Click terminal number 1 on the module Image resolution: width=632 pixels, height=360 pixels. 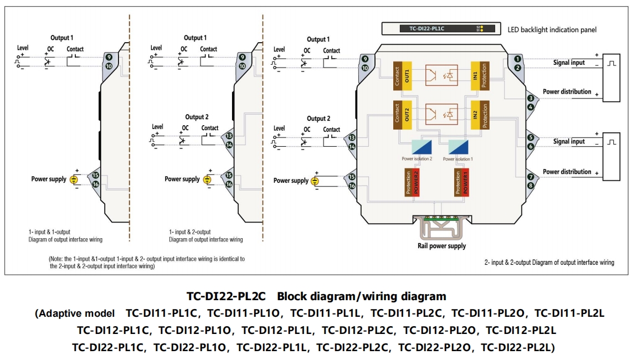[517, 59]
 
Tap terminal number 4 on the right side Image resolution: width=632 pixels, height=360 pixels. [531, 106]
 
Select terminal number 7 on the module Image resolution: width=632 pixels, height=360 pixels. [531, 177]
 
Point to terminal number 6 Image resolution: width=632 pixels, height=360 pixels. [531, 146]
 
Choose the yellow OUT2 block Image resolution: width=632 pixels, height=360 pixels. [407, 115]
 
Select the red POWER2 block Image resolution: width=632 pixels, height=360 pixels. [417, 182]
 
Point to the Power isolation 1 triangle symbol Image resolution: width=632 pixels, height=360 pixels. [458, 147]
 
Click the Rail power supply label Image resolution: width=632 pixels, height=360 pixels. [441, 246]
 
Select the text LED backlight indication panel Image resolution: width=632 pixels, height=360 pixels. [552, 29]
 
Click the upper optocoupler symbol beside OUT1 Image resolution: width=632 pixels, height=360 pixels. [441, 75]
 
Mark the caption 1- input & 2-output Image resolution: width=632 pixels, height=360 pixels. [189, 232]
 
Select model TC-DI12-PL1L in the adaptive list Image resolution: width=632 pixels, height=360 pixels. [278, 331]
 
